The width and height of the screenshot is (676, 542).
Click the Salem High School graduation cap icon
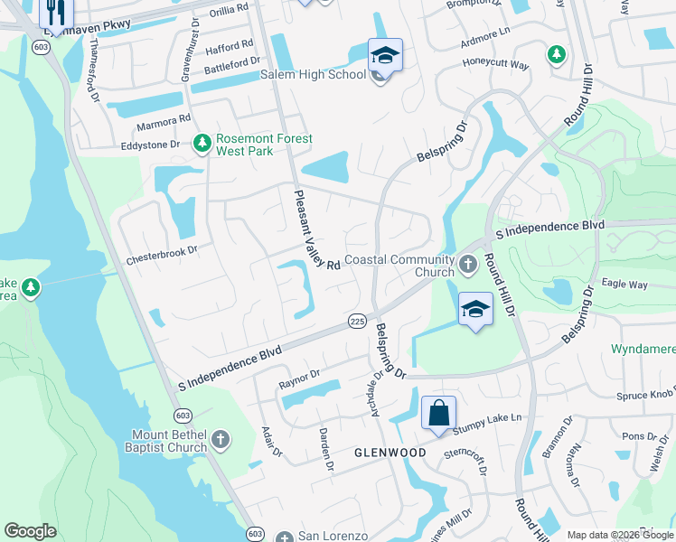[x=385, y=56]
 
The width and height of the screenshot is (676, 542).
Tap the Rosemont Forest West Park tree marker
[x=202, y=144]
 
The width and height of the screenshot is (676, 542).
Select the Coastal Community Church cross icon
[x=467, y=265]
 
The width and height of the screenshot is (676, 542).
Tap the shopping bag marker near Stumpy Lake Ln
[x=438, y=413]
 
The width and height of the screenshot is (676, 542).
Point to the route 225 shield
[x=356, y=322]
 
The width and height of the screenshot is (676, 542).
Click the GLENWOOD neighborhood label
[x=390, y=452]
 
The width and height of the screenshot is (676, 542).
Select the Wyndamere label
[x=643, y=349]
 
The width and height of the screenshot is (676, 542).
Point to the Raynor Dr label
[x=300, y=375]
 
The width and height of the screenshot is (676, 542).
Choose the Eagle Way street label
[x=625, y=284]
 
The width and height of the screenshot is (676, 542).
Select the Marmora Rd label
[x=164, y=119]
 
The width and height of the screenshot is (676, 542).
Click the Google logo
[x=31, y=531]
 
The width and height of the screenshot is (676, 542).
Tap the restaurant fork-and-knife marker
[x=56, y=13]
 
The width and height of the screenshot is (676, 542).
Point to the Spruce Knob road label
[x=644, y=396]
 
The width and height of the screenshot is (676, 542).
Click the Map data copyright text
[x=620, y=535]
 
